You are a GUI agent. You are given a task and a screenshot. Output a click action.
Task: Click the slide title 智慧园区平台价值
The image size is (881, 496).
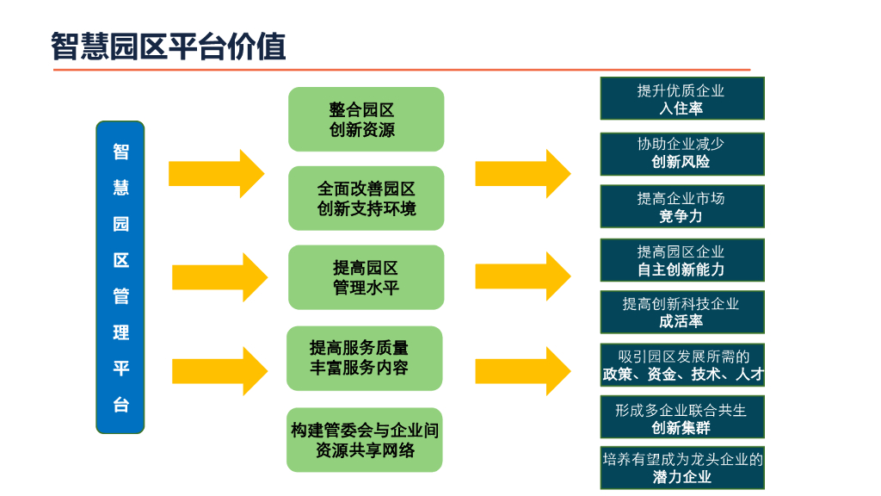coord(168,46)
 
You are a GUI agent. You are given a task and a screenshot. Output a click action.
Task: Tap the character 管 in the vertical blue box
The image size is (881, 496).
coord(120,296)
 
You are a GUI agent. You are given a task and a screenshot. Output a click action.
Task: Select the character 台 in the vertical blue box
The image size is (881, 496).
coord(120,405)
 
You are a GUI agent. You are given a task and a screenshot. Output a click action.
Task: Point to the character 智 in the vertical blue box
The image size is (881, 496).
coord(120,152)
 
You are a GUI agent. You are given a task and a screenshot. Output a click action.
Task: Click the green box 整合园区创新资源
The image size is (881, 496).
coord(366,120)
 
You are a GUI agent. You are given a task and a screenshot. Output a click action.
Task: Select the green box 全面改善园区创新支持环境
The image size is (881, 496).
coord(366,198)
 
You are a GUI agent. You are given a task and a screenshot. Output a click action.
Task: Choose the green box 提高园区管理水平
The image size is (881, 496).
coord(366,277)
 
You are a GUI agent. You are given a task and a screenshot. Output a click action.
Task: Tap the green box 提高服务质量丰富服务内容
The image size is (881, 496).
coord(364,358)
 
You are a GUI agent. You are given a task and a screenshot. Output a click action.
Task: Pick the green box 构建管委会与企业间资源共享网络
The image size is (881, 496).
coord(364,439)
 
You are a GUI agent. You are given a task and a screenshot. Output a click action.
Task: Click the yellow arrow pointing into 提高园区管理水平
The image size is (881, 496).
coord(220,277)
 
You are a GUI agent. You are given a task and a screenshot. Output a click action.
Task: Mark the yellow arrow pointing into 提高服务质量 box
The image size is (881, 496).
coord(220,370)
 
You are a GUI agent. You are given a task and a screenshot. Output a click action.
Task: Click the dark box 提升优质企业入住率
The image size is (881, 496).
coord(681,98)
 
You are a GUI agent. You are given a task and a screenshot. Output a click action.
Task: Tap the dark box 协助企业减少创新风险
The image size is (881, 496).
coord(681,153)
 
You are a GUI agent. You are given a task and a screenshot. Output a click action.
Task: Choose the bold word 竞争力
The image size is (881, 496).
coord(681,217)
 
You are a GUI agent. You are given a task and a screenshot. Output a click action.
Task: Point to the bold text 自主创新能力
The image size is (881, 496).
coord(681,270)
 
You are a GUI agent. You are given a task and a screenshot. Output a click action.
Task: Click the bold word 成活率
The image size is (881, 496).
coord(681,321)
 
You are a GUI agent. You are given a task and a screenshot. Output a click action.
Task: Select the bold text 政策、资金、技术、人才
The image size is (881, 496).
coord(682,375)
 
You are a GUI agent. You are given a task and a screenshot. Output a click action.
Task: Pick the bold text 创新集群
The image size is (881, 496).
coord(681,428)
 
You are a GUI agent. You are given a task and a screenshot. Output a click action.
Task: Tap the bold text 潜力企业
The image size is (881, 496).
coord(681,477)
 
